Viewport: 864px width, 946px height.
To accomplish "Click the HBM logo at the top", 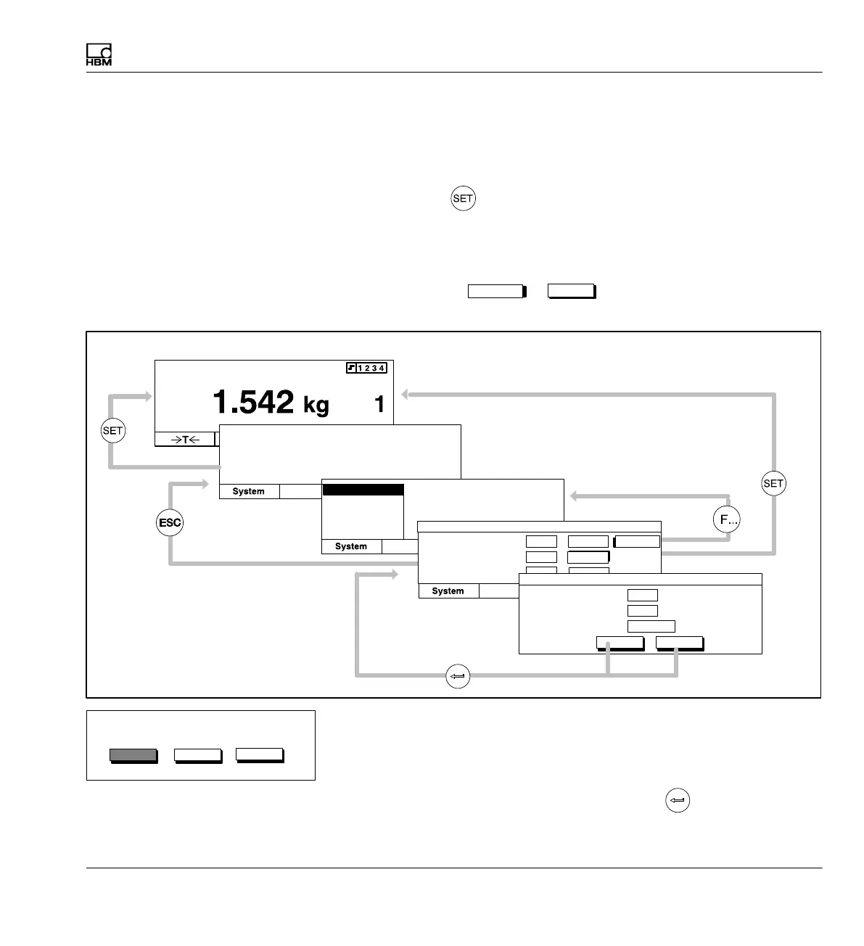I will click(99, 55).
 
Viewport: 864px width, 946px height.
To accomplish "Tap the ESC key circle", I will click(170, 522).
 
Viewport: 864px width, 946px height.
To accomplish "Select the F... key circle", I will click(727, 519).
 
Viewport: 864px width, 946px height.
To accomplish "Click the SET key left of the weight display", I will click(112, 430).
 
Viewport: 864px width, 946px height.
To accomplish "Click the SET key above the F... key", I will click(773, 483).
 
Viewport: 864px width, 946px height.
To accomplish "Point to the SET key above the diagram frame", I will click(463, 198).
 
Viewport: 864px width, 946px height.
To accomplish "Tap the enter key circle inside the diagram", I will click(458, 676).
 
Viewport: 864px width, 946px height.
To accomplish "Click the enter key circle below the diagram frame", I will click(677, 801).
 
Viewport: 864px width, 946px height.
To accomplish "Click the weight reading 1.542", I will click(253, 402).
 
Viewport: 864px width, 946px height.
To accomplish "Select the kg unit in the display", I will click(316, 405).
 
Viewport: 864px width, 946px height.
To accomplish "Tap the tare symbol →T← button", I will click(185, 439).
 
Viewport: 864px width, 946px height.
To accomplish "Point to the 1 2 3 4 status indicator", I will click(371, 368).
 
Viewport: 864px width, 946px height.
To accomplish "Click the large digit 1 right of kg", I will click(379, 404).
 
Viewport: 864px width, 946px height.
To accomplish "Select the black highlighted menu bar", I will click(363, 490).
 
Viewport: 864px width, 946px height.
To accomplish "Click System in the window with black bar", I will click(351, 546).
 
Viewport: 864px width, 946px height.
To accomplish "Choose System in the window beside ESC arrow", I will click(248, 491).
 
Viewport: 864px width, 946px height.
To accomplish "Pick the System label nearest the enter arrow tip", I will click(448, 591).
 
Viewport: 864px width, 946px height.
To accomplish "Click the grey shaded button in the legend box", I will click(133, 754).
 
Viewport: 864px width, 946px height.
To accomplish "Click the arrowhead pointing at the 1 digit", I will click(406, 395).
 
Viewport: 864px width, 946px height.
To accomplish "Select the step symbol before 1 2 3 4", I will click(352, 368).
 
